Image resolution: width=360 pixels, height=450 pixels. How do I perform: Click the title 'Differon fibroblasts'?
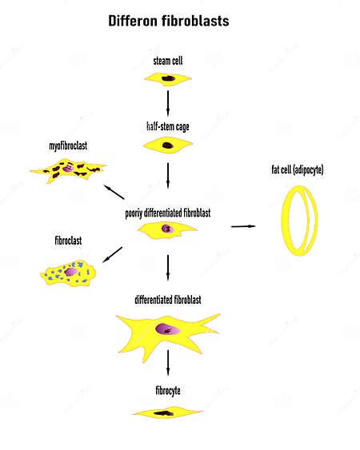[169, 21]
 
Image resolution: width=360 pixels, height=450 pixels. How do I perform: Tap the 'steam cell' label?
[168, 61]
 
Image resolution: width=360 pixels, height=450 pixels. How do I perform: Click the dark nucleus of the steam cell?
[168, 78]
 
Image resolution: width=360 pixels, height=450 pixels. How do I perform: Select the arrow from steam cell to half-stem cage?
[168, 103]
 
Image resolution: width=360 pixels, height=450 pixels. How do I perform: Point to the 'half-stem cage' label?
[168, 126]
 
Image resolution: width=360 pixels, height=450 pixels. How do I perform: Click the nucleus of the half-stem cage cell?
[168, 145]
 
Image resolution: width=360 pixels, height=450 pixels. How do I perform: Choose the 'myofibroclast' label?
[68, 145]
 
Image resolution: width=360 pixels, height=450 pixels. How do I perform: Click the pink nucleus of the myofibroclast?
[68, 168]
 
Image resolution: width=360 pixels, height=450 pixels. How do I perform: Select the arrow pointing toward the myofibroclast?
[114, 192]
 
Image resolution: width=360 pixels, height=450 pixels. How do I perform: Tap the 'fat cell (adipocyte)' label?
[298, 169]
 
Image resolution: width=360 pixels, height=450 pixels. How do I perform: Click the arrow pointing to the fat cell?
[243, 226]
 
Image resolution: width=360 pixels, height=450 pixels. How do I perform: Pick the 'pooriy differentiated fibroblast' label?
[168, 213]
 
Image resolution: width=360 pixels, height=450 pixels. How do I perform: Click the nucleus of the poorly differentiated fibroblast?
[167, 229]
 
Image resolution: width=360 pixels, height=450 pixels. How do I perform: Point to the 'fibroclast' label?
[68, 241]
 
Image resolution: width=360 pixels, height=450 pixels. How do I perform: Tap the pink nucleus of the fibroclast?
[70, 272]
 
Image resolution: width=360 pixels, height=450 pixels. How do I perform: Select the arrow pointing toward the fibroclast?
[113, 254]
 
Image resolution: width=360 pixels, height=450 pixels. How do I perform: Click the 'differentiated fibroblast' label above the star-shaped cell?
[168, 300]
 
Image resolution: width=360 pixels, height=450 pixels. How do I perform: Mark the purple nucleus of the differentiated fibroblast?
[168, 329]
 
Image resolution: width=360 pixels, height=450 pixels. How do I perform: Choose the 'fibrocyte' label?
[168, 391]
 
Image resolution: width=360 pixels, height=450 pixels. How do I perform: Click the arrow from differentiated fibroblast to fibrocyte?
[168, 362]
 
